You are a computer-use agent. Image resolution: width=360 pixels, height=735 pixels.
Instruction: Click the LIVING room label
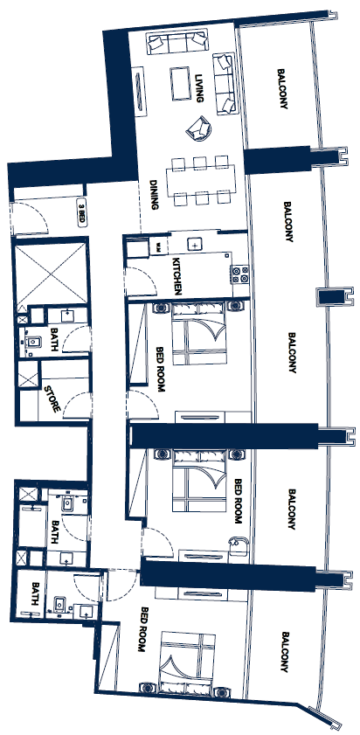[x=200, y=88]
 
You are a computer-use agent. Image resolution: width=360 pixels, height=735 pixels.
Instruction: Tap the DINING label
[x=153, y=195]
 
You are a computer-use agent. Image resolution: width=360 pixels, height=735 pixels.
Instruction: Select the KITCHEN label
[x=177, y=276]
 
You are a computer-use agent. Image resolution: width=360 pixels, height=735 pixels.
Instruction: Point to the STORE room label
[x=52, y=399]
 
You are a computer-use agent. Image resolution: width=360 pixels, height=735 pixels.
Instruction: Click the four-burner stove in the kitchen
[x=239, y=274]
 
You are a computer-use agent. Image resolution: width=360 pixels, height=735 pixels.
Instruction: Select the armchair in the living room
[x=198, y=128]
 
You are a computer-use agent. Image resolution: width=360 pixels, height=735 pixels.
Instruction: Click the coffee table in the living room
[x=181, y=83]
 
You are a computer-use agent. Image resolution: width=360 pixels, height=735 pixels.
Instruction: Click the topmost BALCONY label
[x=282, y=89]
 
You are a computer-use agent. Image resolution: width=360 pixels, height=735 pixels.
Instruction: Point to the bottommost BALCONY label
[x=285, y=652]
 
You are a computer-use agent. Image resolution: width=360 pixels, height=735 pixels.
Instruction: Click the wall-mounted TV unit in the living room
[x=139, y=92]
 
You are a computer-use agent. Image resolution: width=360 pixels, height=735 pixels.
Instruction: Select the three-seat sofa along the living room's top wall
[x=177, y=42]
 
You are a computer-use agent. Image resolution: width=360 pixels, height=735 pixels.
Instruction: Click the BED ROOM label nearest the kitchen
[x=160, y=370]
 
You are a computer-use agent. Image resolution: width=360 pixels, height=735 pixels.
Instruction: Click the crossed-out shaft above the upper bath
[x=50, y=273]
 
